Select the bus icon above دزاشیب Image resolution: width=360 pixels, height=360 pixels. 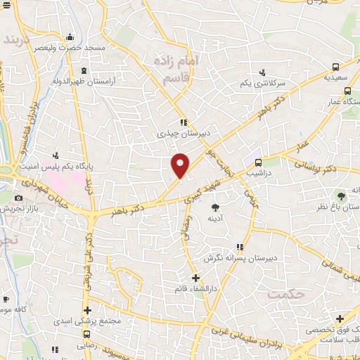(x=259, y=162)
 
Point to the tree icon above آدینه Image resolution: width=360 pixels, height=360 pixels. (x=216, y=207)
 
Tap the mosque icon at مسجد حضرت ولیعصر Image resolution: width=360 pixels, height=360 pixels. (x=69, y=37)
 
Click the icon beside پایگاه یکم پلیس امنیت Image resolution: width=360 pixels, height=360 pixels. (x=56, y=155)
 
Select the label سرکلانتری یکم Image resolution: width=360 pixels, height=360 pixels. (x=263, y=83)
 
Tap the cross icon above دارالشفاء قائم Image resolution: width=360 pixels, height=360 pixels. (x=195, y=278)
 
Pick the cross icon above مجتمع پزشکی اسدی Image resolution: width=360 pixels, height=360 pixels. (x=86, y=310)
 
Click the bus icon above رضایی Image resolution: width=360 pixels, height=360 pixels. (x=86, y=334)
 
